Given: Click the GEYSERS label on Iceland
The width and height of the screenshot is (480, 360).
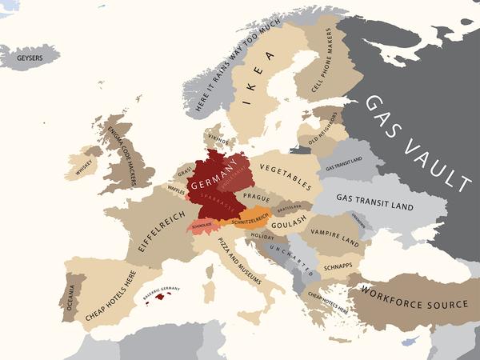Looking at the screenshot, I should coord(30,58).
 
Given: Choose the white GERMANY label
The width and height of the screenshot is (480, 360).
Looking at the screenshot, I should coord(218,173).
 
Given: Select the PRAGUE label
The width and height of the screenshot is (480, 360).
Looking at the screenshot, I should coord(257,196).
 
